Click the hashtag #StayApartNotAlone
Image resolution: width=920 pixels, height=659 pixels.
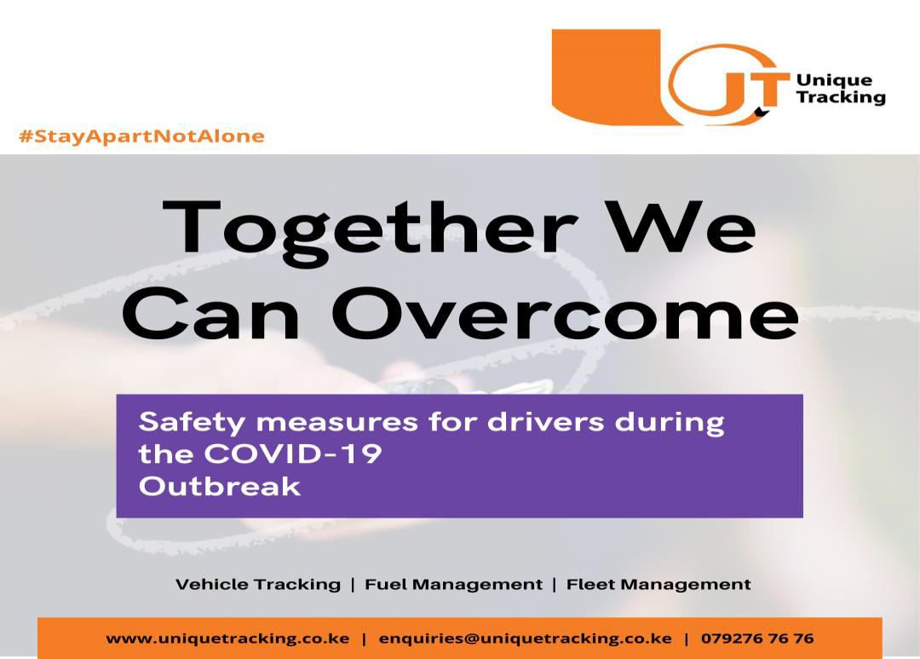click(x=141, y=136)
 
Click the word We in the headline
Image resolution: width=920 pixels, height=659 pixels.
click(x=678, y=226)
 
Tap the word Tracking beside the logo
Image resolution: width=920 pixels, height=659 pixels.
click(x=840, y=97)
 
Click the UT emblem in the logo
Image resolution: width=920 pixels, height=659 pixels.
click(x=724, y=84)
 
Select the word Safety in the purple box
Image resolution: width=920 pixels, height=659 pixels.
click(x=190, y=423)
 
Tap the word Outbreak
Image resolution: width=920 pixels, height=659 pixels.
click(x=220, y=486)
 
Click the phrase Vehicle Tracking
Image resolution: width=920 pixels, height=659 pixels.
click(x=257, y=585)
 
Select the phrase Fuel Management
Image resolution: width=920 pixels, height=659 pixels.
click(x=453, y=585)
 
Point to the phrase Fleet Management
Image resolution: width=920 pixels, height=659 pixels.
click(x=658, y=585)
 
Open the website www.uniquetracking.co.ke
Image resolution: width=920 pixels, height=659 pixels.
click(x=227, y=639)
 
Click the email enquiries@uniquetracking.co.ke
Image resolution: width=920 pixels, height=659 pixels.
click(x=525, y=639)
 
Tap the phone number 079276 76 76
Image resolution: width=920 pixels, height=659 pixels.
click(x=757, y=639)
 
